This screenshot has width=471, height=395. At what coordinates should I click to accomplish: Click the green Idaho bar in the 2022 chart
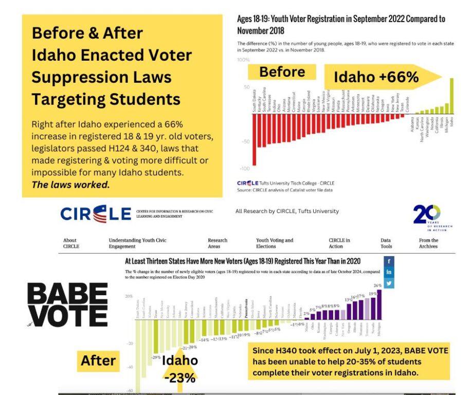coord(452,96)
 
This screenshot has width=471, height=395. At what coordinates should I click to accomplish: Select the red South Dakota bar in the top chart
coord(254,139)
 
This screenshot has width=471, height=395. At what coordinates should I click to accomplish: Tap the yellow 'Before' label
coord(282,73)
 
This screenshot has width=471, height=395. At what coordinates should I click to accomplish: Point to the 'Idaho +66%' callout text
coord(376,78)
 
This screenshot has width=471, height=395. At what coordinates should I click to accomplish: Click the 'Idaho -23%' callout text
coord(179,369)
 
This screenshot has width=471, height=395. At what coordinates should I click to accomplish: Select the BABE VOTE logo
coord(67,305)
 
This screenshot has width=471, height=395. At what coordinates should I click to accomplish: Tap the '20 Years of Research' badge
coord(427,217)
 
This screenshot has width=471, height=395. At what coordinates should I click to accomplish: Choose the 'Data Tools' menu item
coord(385,243)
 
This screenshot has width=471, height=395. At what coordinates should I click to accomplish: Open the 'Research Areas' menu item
coord(218,243)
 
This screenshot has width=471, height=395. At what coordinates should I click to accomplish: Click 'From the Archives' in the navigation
coord(428,243)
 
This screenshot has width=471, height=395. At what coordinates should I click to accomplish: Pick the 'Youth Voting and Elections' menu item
coord(275,243)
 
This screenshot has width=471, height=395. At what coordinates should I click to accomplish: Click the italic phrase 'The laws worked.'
coord(70,185)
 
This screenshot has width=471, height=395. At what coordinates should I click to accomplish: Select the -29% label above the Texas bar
coord(156,357)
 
